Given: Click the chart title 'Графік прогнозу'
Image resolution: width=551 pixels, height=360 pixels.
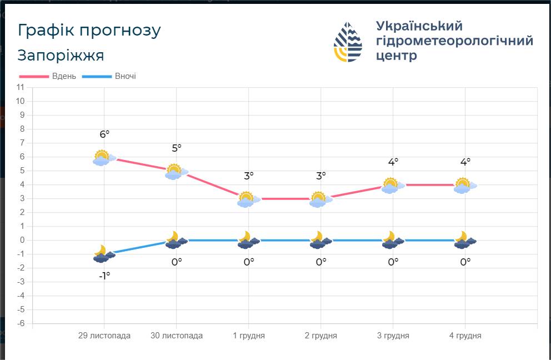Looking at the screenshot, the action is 89,31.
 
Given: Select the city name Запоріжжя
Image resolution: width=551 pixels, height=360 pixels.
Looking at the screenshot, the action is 61,56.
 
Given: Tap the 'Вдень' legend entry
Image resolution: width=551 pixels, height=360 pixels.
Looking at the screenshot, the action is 48,76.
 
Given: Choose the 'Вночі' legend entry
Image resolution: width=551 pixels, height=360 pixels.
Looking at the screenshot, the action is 109,76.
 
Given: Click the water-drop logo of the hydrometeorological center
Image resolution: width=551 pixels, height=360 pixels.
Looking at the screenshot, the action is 348,42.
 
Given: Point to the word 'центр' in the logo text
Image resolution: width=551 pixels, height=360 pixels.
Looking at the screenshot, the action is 397,56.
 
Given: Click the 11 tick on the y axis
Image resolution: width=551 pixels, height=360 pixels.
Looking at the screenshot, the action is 21,87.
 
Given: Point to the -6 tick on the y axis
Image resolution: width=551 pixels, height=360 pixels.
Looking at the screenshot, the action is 21,323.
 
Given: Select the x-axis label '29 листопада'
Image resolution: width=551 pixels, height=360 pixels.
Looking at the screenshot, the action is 104,336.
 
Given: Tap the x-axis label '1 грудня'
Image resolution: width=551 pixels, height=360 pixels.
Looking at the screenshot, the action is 249,336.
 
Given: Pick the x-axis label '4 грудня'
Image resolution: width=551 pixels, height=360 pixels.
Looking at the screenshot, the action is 465,336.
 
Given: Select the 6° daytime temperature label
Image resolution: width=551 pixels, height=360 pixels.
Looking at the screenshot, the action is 105,134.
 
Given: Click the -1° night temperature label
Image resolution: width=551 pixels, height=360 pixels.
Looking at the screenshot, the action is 105,276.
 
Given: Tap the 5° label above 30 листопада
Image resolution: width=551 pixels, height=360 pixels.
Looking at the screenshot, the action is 177,148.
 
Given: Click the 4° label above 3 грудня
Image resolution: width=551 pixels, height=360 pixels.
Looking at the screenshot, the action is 393,162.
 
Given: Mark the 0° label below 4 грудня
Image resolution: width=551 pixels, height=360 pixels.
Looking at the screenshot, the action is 465,262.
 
